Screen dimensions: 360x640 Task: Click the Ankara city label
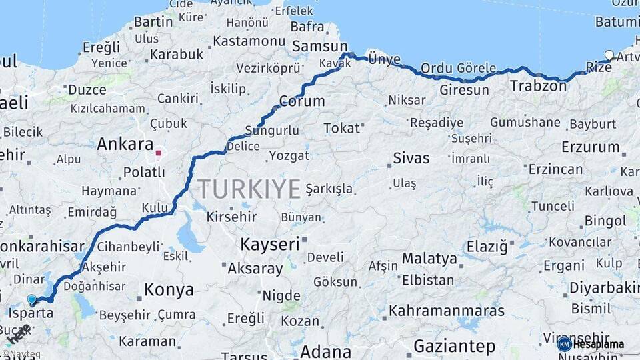tap(125, 144)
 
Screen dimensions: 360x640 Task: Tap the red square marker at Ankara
tap(158, 153)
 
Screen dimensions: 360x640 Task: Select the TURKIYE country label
tap(249, 189)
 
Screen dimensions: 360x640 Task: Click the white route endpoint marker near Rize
tap(609, 55)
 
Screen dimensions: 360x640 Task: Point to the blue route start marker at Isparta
tap(31, 300)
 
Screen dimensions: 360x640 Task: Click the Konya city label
tap(169, 290)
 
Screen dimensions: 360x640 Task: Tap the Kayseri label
tap(269, 244)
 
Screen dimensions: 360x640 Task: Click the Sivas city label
tap(411, 159)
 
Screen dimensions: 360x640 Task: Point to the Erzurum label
tap(591, 147)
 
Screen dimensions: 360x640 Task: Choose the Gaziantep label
tap(455, 346)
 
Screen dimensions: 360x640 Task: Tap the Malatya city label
tap(429, 259)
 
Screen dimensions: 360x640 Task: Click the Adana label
tap(326, 351)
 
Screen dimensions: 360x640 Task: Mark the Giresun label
tap(464, 90)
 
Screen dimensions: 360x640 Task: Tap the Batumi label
tap(617, 21)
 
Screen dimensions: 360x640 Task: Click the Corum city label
tap(302, 101)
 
